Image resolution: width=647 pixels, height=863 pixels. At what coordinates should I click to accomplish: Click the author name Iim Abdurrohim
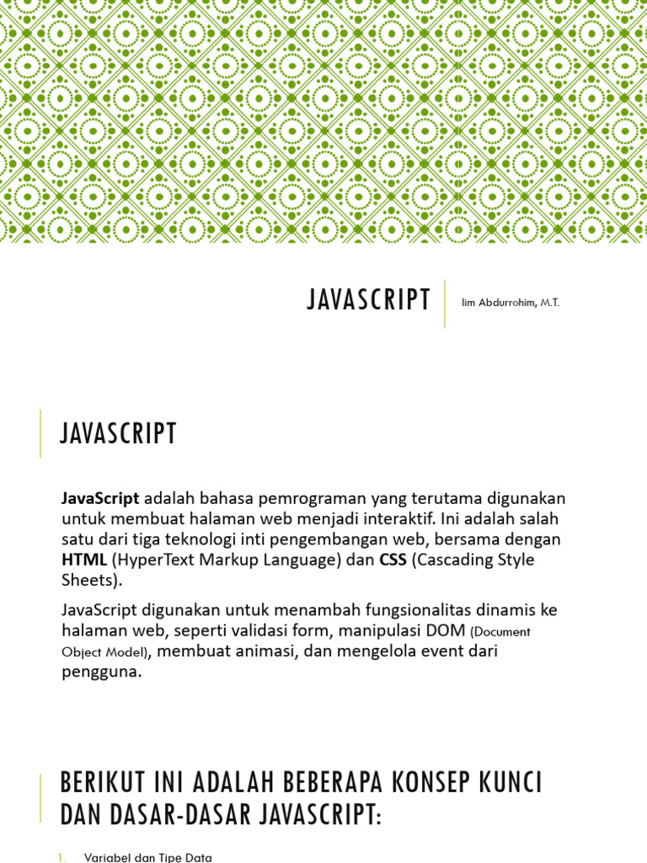500,303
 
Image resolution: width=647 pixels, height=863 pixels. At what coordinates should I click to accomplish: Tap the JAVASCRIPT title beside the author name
369,301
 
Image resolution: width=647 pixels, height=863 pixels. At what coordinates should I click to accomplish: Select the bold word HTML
84,560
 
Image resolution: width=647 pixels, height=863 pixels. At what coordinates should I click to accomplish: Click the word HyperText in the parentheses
152,560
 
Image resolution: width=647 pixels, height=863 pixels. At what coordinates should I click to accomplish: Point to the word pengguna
98,673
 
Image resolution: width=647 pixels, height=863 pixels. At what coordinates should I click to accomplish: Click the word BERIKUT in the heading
97,782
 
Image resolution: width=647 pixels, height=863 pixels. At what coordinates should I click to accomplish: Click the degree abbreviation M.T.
550,303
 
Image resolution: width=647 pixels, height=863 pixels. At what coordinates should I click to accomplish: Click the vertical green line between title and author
444,303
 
